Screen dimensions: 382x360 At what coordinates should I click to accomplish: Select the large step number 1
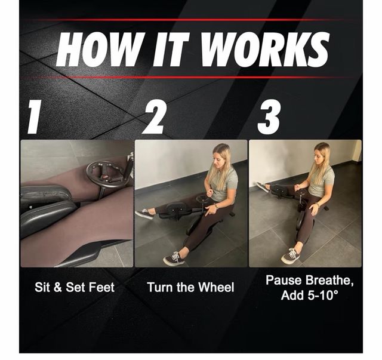click(x=34, y=116)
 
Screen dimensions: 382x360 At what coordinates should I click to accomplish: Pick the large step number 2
click(x=155, y=118)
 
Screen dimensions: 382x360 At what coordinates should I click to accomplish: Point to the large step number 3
click(x=269, y=118)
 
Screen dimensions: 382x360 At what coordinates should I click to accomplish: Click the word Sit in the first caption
click(x=42, y=287)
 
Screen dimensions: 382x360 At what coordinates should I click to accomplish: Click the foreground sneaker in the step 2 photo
click(x=174, y=259)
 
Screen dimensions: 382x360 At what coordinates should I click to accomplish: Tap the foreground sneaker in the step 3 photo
click(x=290, y=256)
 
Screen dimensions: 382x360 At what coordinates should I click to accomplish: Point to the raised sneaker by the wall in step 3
click(x=262, y=187)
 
